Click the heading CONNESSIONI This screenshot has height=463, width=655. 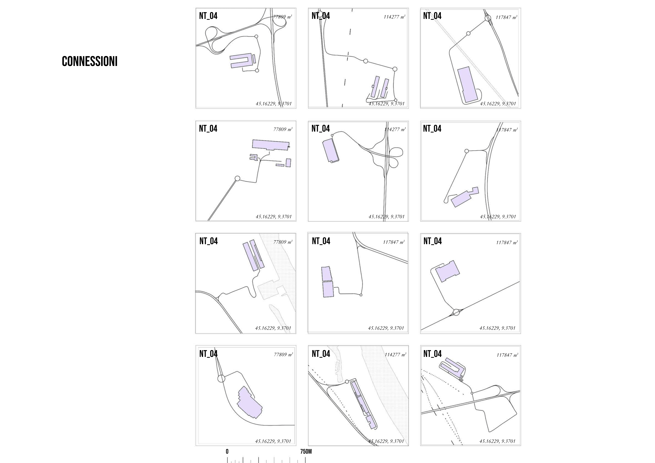(90, 61)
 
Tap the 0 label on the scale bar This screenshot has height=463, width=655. (227, 452)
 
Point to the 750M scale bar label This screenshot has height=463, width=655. (306, 452)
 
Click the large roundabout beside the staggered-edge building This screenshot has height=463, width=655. (221, 379)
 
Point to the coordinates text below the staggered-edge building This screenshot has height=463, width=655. (273, 441)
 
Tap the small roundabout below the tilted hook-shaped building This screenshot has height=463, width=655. (472, 393)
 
